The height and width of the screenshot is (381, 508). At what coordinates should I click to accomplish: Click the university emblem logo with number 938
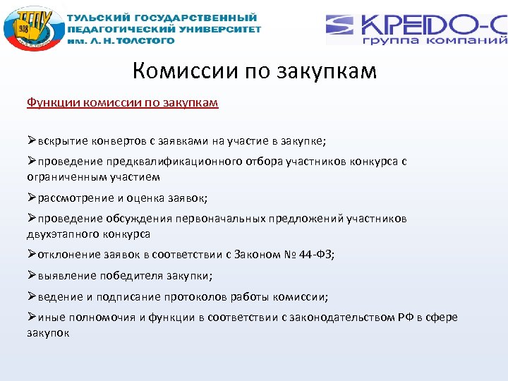click(x=32, y=30)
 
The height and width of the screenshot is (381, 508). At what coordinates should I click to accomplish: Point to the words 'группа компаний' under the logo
click(x=435, y=42)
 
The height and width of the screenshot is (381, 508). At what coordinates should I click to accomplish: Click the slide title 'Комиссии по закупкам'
click(x=254, y=71)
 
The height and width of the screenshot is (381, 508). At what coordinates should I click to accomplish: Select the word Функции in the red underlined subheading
click(x=53, y=103)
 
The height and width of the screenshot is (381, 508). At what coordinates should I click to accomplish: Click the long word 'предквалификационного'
click(x=167, y=162)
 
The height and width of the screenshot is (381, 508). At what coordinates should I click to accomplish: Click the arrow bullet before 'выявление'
click(x=32, y=275)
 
